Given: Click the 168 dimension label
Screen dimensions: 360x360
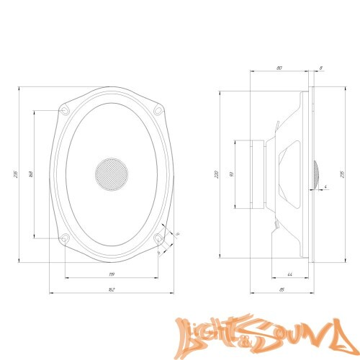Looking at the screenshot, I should pyautogui.click(x=30, y=174).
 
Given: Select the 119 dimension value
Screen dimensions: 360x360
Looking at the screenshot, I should pyautogui.click(x=112, y=274).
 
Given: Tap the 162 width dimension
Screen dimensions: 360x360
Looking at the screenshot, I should pyautogui.click(x=112, y=289).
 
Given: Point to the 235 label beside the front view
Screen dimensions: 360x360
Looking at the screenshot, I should pyautogui.click(x=14, y=174).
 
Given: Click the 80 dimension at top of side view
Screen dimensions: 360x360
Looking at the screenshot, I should pyautogui.click(x=279, y=68).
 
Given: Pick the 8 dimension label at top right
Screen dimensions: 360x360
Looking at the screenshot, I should pyautogui.click(x=320, y=68).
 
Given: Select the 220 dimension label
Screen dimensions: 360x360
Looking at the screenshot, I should pyautogui.click(x=216, y=174).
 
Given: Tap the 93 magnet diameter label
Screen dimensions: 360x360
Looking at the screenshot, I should pyautogui.click(x=230, y=174).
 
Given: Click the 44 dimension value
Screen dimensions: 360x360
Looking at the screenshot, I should pyautogui.click(x=289, y=274).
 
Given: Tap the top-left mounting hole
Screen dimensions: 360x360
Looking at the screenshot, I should pyautogui.click(x=66, y=109).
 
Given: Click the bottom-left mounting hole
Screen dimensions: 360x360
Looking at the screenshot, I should pyautogui.click(x=66, y=238).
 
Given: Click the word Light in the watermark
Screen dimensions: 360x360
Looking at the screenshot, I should pyautogui.click(x=209, y=333).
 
